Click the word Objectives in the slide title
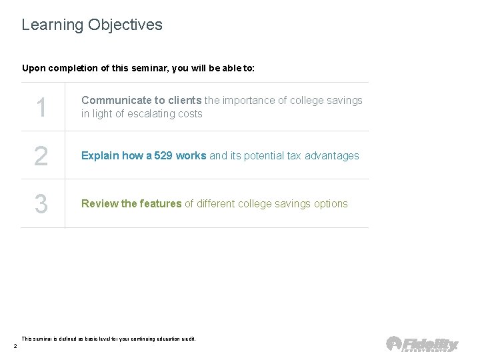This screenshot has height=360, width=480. pos(123,26)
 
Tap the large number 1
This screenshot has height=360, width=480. pos(41,107)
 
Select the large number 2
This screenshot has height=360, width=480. pos(41,156)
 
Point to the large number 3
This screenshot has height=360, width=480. pos(41,204)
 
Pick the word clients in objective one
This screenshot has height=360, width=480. pos(185,101)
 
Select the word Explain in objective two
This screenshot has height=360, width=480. pos(100,156)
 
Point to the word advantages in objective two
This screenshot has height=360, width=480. pos(331,156)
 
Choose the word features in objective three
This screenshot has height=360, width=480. pos(159,204)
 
